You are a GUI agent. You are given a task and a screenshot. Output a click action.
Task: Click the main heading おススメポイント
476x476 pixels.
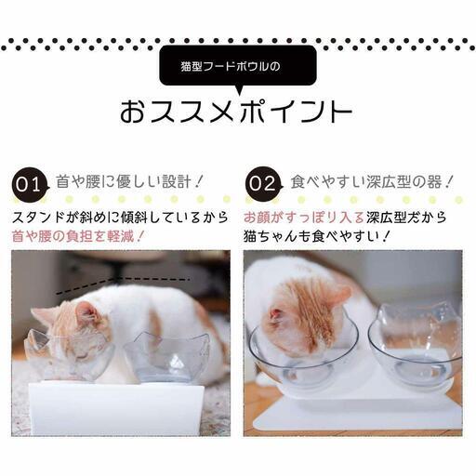[236, 112]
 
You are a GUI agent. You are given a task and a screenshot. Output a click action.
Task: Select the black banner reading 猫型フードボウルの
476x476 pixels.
[237, 67]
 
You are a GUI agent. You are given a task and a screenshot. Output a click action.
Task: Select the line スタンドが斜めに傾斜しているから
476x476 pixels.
[120, 216]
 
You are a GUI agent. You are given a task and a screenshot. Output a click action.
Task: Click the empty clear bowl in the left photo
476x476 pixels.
[168, 358]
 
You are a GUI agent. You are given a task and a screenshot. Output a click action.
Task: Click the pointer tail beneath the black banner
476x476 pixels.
[238, 90]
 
